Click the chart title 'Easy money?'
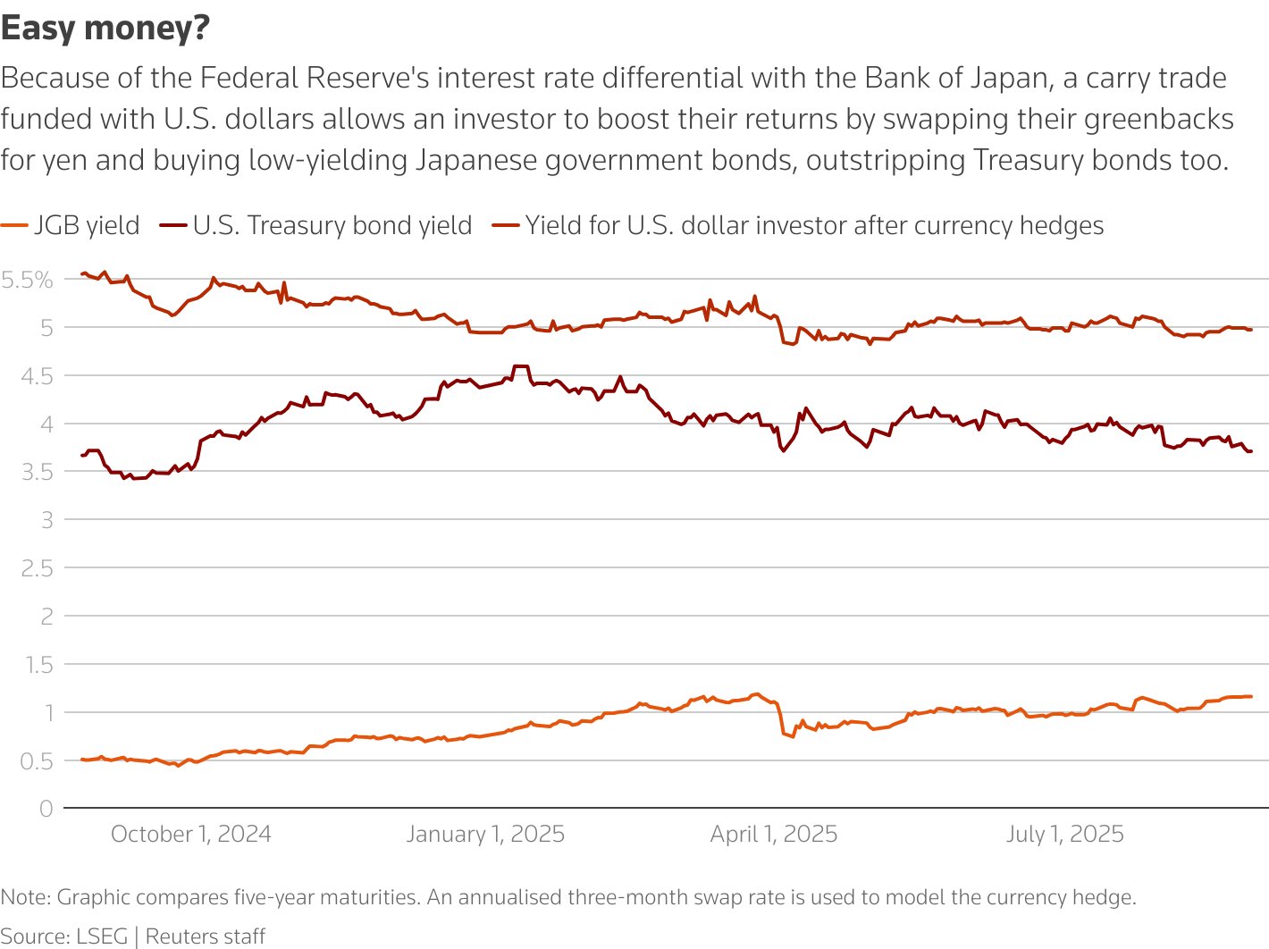(x=105, y=29)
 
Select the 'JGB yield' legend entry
(x=87, y=225)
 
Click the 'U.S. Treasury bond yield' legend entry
(x=332, y=225)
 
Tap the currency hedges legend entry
(x=813, y=225)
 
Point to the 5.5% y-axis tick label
(x=28, y=280)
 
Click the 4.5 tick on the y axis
(x=38, y=376)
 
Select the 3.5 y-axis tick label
(x=38, y=472)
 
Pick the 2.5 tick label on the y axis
(x=38, y=568)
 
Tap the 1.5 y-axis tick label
(x=38, y=665)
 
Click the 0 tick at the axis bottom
(x=46, y=809)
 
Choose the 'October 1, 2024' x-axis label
(x=190, y=834)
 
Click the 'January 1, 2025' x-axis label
(x=485, y=834)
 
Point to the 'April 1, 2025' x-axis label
(x=774, y=834)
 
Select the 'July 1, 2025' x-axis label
(x=1064, y=834)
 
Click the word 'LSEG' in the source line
(x=102, y=936)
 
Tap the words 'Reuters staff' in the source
(x=206, y=936)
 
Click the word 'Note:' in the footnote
(x=26, y=897)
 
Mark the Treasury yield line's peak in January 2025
(x=520, y=366)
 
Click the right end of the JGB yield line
(x=1250, y=696)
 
